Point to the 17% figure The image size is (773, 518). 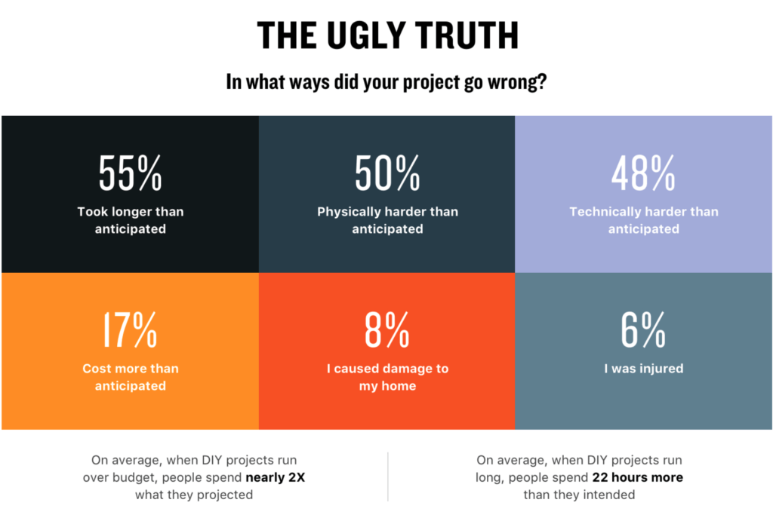[130, 329]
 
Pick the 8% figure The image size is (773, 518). [387, 329]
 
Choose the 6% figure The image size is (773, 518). [643, 329]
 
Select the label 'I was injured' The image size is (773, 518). [643, 369]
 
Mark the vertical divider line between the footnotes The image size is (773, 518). [388, 477]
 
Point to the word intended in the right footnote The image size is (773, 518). [609, 495]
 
